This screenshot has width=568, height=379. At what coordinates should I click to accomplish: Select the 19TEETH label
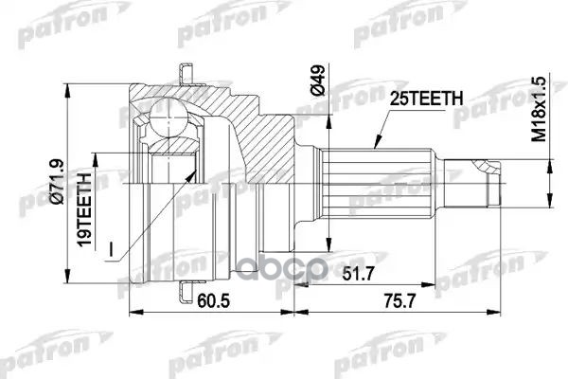coord(85,210)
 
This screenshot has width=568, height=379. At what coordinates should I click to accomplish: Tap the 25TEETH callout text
coord(426,99)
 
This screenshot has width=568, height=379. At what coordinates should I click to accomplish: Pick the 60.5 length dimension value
coord(214,300)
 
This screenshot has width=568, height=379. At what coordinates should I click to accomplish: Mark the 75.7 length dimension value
coord(399,300)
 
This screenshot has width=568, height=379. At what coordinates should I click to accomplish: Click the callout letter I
coord(111,249)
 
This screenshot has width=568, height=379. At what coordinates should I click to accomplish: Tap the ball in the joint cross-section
coord(169,118)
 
